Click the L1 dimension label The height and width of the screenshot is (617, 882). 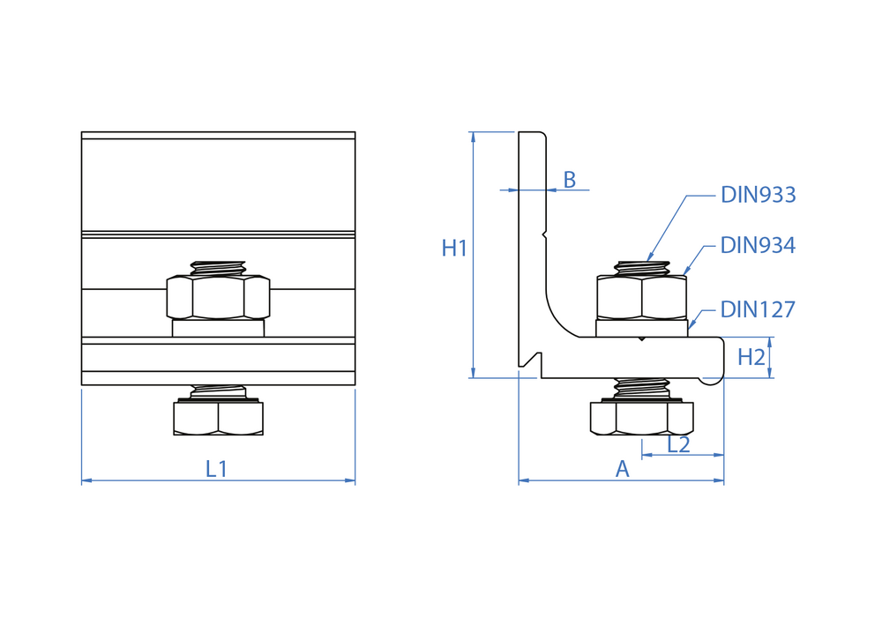217,469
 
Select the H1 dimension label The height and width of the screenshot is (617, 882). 454,249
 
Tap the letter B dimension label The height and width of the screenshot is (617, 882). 570,180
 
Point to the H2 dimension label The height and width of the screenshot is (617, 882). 751,357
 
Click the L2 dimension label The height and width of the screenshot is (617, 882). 678,444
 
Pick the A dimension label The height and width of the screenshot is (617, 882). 622,470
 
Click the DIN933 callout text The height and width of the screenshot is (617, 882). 758,195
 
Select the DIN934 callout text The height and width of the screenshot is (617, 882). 758,246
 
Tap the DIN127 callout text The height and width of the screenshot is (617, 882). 758,309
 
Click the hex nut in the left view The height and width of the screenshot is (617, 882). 218,297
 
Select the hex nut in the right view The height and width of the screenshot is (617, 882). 641,297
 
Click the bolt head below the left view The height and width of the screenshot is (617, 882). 218,419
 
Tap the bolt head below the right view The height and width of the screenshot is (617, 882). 641,419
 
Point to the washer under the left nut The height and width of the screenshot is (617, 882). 218,328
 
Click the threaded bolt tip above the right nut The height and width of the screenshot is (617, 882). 641,267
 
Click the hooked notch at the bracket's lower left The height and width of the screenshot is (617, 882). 530,360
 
